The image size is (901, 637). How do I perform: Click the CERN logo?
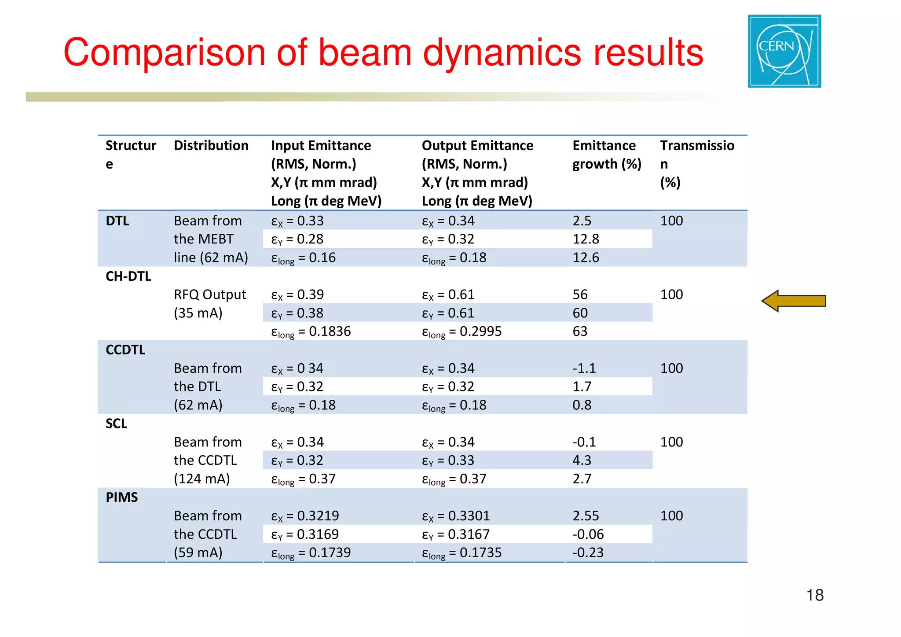(784, 51)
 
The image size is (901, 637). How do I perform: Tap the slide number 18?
(815, 595)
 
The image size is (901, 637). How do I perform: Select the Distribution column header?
(211, 146)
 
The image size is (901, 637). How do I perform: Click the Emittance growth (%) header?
(606, 155)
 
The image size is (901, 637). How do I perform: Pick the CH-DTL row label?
(128, 276)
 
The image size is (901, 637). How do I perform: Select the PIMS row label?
(121, 497)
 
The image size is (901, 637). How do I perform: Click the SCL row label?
(116, 423)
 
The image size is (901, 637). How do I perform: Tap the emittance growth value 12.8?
(586, 239)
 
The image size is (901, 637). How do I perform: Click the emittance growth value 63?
(580, 331)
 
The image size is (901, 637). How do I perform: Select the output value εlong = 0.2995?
(461, 331)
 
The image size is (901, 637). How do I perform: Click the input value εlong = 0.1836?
(311, 331)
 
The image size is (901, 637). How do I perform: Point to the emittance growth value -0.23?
(588, 552)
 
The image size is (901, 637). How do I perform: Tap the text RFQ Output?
(210, 295)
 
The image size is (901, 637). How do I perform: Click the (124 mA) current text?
(201, 479)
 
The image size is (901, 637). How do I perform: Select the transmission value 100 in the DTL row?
(671, 221)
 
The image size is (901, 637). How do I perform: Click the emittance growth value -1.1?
(584, 368)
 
